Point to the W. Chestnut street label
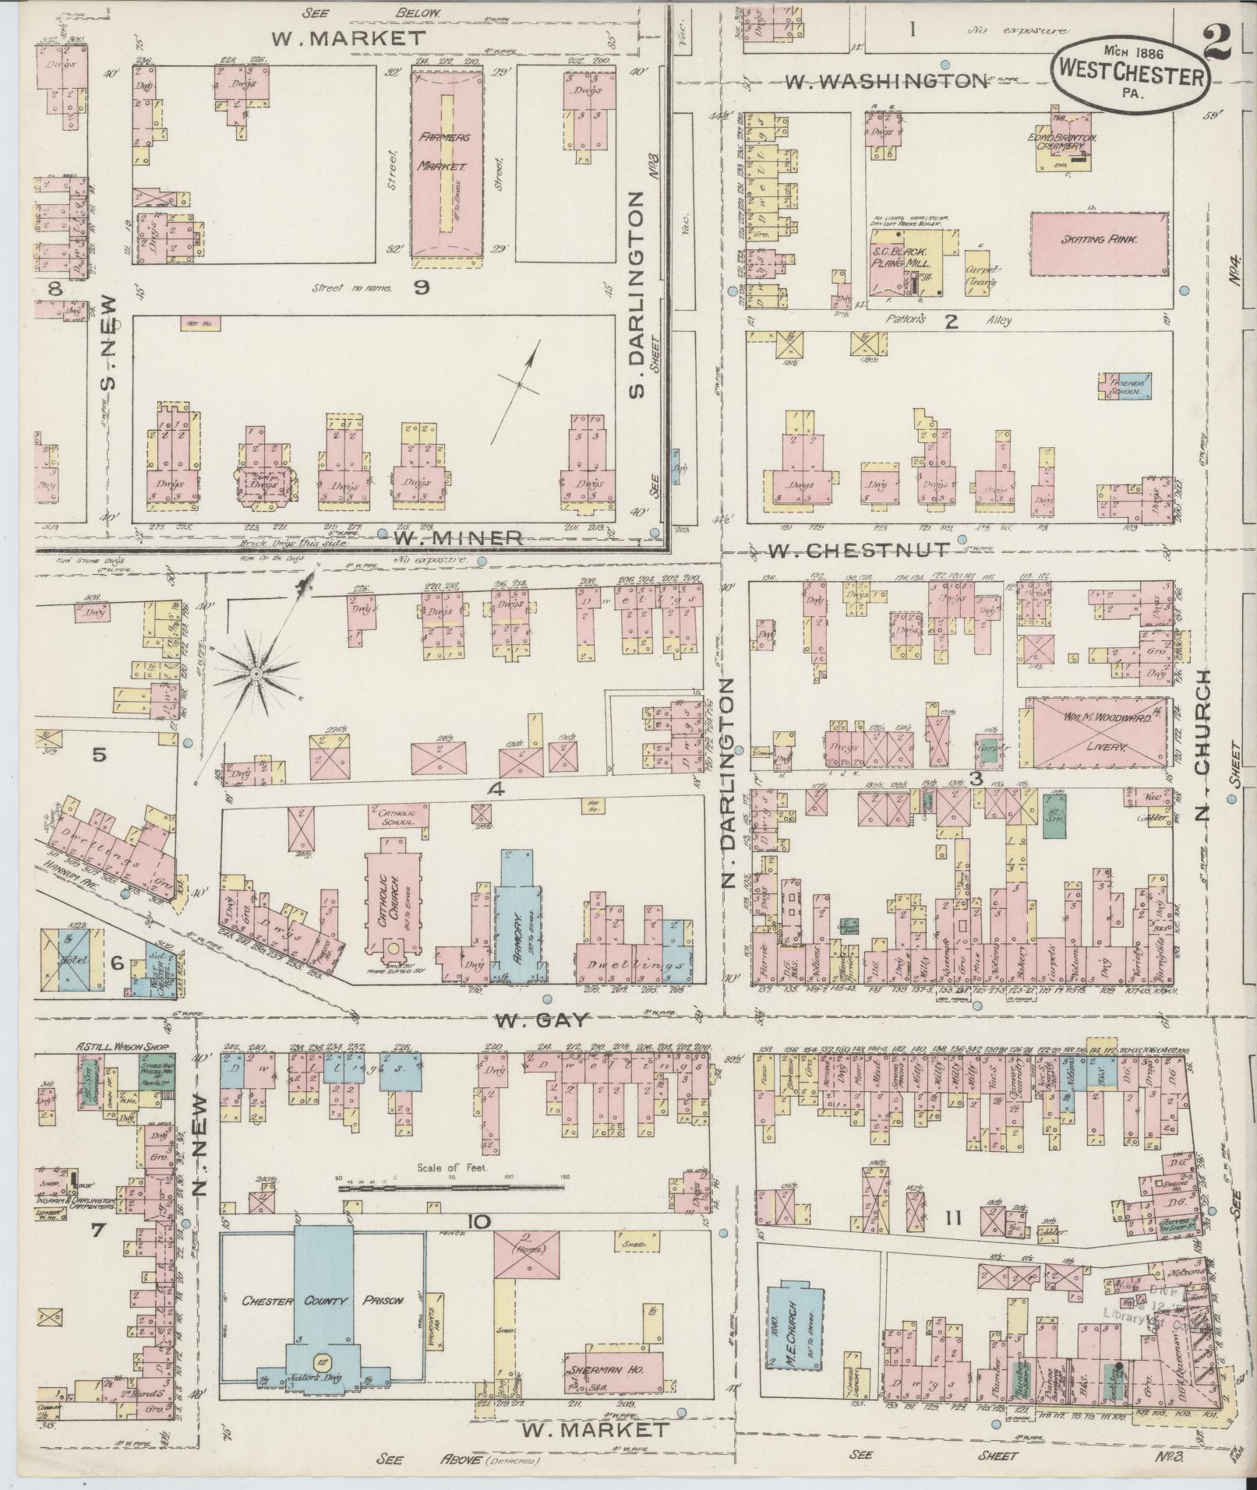[x=859, y=551]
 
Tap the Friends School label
[x=1125, y=387]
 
